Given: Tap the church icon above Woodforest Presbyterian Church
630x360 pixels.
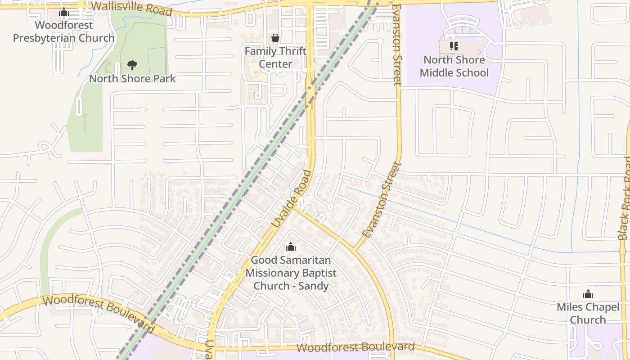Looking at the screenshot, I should (64, 12).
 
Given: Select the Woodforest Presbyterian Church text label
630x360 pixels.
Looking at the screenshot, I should (63, 31).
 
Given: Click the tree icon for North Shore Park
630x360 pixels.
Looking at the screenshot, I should (132, 66).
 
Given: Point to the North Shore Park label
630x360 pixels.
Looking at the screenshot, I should (132, 79).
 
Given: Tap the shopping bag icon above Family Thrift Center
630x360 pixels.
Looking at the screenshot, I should (275, 38).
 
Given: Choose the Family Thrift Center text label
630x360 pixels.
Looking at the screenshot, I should (275, 58).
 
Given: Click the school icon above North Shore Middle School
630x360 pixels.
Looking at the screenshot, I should (454, 46).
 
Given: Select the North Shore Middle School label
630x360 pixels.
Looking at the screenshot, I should (454, 66).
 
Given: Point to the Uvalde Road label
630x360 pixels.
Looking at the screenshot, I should (292, 198).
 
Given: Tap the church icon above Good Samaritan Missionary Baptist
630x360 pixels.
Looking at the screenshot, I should (291, 247).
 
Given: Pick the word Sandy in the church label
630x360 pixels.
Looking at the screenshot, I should (314, 286).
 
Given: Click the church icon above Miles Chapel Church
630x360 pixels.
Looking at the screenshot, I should (588, 295).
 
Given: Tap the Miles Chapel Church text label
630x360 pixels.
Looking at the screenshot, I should (588, 314).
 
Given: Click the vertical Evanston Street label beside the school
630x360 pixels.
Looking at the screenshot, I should (396, 45).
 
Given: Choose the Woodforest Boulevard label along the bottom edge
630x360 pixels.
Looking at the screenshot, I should (355, 347).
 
